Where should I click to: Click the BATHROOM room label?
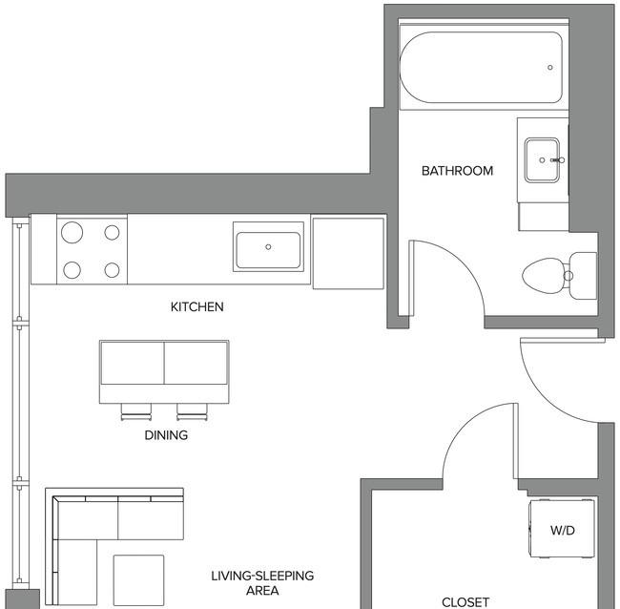[x=457, y=171]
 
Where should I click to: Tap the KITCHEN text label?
[x=196, y=306]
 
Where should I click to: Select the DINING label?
[x=166, y=435]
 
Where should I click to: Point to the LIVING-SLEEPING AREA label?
[x=262, y=583]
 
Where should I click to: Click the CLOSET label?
[x=465, y=602]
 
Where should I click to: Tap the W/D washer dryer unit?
[x=562, y=529]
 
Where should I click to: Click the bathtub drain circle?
[x=550, y=67]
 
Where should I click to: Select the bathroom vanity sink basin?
[x=542, y=159]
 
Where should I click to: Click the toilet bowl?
[x=544, y=276]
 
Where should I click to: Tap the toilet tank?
[x=583, y=276]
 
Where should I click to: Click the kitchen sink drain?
[x=268, y=247]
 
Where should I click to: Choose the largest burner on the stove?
[x=72, y=232]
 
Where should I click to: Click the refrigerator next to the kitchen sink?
[x=348, y=252]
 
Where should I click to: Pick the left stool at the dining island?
[x=136, y=412]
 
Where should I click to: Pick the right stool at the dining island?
[x=192, y=412]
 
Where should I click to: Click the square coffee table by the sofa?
[x=139, y=580]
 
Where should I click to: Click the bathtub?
[x=481, y=67]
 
